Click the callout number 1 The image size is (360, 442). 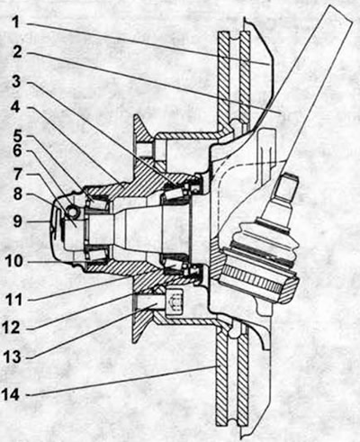(x=17, y=22)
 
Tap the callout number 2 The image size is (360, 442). (x=18, y=52)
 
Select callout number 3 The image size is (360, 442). (x=18, y=81)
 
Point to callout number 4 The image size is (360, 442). (x=15, y=107)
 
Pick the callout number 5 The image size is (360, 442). (x=17, y=136)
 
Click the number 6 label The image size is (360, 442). (x=17, y=151)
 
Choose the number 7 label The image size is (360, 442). (x=17, y=174)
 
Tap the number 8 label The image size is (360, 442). (x=17, y=194)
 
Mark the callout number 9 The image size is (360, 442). (x=17, y=221)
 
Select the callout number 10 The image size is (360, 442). (x=14, y=261)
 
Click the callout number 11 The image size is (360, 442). (x=13, y=300)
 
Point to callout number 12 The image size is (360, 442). (x=12, y=328)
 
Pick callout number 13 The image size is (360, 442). (x=13, y=357)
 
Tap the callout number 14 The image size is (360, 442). (x=11, y=394)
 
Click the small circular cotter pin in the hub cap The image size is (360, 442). (x=73, y=212)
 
